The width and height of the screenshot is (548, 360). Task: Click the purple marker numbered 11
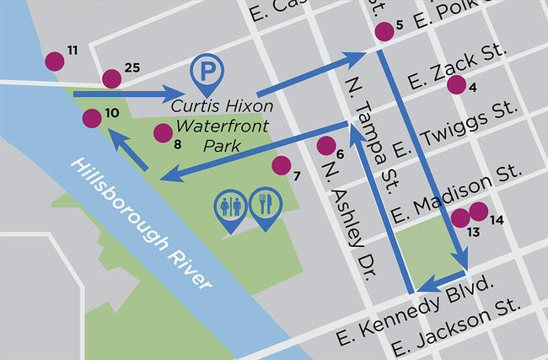click(54, 61)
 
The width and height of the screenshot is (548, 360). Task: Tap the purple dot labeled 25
click(111, 78)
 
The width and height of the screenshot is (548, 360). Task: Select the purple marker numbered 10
click(92, 119)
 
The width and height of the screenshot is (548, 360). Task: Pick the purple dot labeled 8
click(162, 132)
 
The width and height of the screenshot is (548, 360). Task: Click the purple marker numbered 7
click(282, 165)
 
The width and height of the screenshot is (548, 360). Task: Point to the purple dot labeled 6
click(325, 145)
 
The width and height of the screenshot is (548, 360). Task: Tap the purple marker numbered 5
click(384, 32)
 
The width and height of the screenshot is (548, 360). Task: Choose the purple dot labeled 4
click(456, 84)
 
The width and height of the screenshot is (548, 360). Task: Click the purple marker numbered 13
click(460, 218)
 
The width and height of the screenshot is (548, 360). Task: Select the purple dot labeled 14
click(478, 212)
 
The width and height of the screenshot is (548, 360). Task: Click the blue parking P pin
click(205, 73)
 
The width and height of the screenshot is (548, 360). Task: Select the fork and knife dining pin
click(265, 207)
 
